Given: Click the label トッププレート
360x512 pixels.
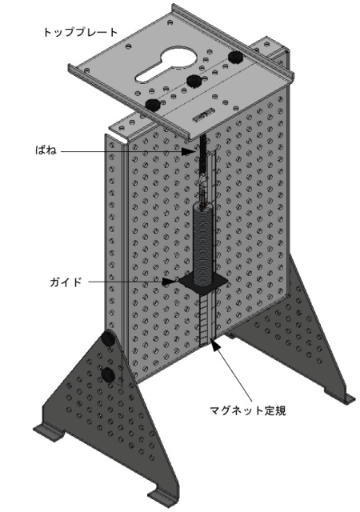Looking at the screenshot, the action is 80,32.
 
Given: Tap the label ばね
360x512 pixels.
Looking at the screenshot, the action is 46,150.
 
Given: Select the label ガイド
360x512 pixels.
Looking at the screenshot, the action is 66,282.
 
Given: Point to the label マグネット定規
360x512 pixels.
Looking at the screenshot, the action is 248,410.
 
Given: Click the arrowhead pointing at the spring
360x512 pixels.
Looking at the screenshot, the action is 190,151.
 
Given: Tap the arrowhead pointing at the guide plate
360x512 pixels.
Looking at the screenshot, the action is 170,281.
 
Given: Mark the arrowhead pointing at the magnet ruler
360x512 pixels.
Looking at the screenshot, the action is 214,345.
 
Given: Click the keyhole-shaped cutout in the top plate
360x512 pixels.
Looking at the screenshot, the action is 166,64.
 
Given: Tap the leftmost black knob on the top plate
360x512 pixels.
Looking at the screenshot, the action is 152,105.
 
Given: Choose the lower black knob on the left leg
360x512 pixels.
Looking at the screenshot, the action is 108,374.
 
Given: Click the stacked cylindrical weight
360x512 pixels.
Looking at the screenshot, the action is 203,244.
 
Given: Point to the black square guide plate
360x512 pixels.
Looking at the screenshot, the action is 202,282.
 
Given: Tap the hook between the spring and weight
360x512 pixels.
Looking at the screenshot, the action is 203,182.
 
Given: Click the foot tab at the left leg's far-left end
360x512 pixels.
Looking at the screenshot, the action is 48,430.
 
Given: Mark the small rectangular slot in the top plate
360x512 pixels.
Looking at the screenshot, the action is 202,116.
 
